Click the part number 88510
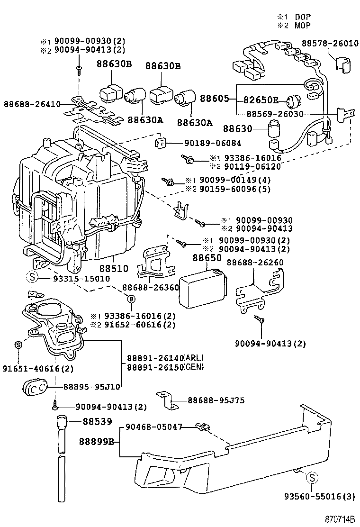[x=114, y=268]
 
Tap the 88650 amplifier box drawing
[x=202, y=288]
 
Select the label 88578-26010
[x=331, y=44]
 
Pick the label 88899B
[x=97, y=442]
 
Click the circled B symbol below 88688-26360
[x=132, y=298]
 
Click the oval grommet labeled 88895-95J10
[x=35, y=388]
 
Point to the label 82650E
[x=261, y=100]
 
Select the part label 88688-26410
[x=31, y=104]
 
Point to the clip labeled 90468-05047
[x=201, y=427]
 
